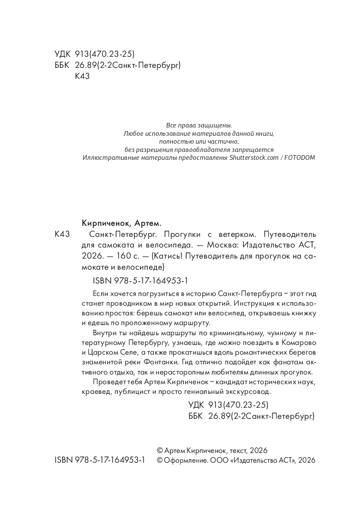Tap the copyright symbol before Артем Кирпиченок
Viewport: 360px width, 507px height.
coord(160,450)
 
